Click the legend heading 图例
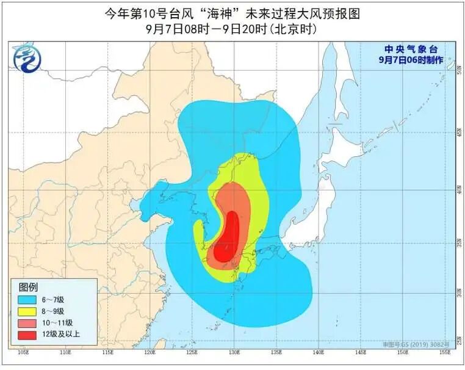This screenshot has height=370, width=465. coord(28,287)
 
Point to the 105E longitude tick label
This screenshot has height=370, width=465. coord(24,352)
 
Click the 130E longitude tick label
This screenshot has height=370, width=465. coord(234,352)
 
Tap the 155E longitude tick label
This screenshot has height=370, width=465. coord(444,352)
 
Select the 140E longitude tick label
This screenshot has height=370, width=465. coord(318,352)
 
